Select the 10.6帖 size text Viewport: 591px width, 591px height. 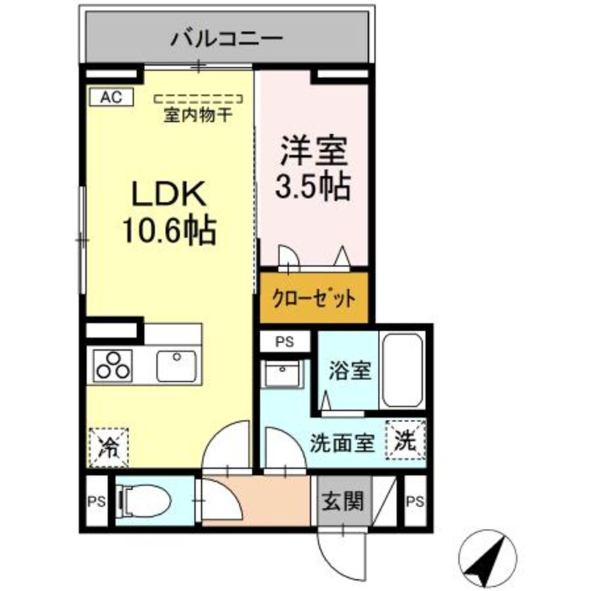coord(170,231)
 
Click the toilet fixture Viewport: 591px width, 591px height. coord(143,499)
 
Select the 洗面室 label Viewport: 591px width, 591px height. coord(344,443)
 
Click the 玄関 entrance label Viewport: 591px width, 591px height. coord(343,501)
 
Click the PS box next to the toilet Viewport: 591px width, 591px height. coord(95,501)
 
